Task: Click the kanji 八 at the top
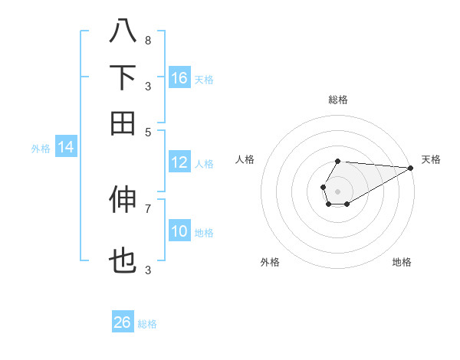(123, 31)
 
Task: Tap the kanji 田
(123, 122)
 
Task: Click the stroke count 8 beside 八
(147, 41)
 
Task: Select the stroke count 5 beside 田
(147, 131)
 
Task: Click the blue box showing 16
(179, 78)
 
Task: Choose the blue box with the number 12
(179, 162)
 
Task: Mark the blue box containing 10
(179, 231)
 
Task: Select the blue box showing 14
(66, 148)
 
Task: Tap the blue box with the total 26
(123, 322)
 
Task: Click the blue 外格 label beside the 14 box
(41, 149)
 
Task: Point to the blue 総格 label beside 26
(147, 324)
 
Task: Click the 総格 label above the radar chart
(337, 100)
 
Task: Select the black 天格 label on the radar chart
(431, 159)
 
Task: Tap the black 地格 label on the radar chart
(402, 262)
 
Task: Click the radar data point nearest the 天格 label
(410, 168)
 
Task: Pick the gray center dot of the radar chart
(337, 190)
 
